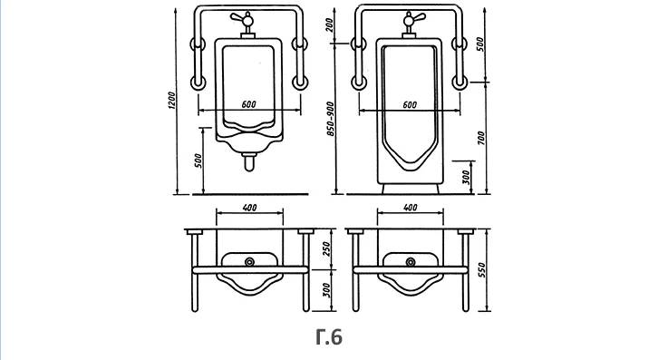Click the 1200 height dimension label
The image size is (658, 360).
point(171,101)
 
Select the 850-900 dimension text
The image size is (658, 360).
point(331,119)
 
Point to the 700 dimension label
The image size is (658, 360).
point(481,138)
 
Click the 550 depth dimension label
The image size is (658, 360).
point(482,270)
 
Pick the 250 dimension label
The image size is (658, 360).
point(327,249)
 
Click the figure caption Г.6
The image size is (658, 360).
point(329,337)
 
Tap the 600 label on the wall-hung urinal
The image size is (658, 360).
point(248,104)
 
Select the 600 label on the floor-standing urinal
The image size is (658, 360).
point(410,104)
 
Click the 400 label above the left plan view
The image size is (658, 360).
point(249,208)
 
